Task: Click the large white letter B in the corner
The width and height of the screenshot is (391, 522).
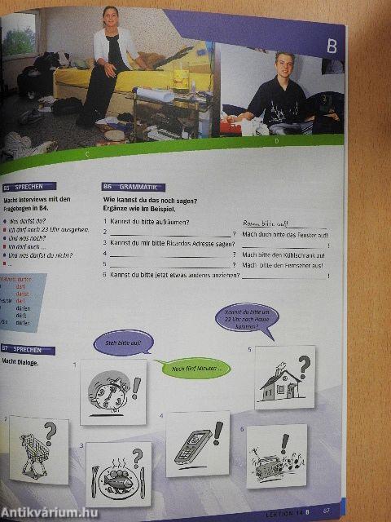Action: tap(332, 46)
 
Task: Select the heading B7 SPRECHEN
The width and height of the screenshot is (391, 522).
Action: tap(29, 350)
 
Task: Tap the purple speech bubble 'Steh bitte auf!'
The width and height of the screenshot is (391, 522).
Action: tap(123, 343)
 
